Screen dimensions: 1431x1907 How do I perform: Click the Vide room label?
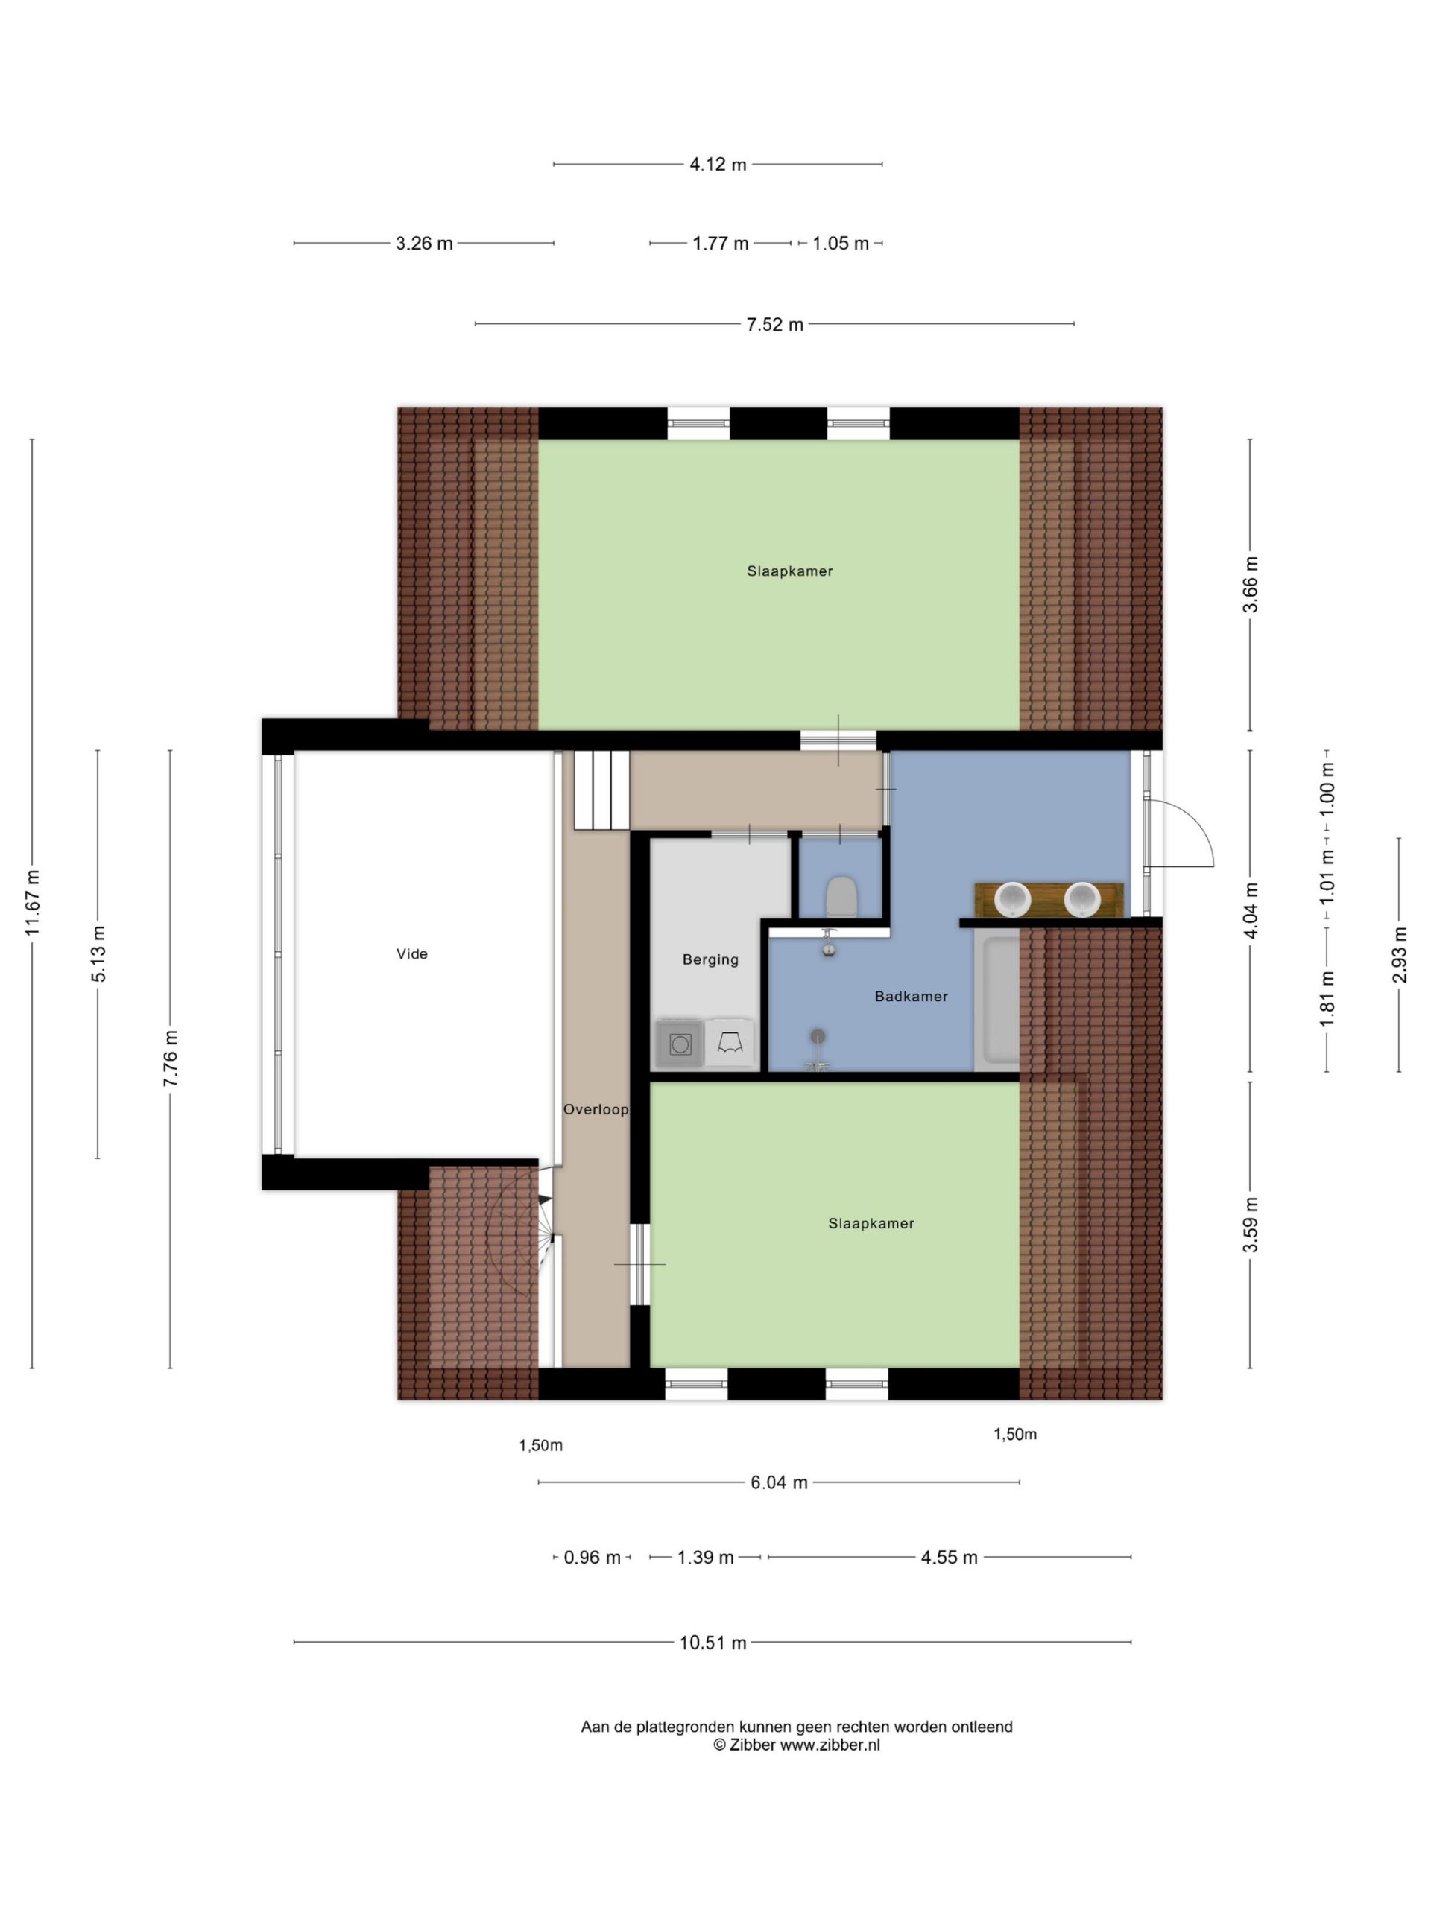click(411, 953)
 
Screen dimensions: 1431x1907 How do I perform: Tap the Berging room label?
click(710, 959)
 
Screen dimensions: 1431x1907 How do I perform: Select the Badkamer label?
click(911, 997)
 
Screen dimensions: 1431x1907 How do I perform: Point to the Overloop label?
click(596, 1109)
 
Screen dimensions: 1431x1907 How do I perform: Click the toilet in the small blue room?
click(841, 897)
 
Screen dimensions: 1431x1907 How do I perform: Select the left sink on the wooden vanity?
click(1013, 900)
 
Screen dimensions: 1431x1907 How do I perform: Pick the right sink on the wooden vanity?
click(1081, 900)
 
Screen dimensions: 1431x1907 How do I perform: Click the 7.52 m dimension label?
click(774, 324)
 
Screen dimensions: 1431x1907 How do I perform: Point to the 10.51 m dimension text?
click(713, 1643)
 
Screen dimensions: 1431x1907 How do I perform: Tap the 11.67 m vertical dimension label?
click(33, 903)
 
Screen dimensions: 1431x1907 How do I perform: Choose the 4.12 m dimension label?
click(718, 164)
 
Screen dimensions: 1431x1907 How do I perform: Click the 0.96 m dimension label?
click(592, 1557)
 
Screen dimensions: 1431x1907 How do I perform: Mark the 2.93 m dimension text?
click(1399, 954)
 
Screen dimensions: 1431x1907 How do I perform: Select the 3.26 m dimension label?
click(423, 243)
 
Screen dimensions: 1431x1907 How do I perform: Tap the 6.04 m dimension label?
click(779, 1482)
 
